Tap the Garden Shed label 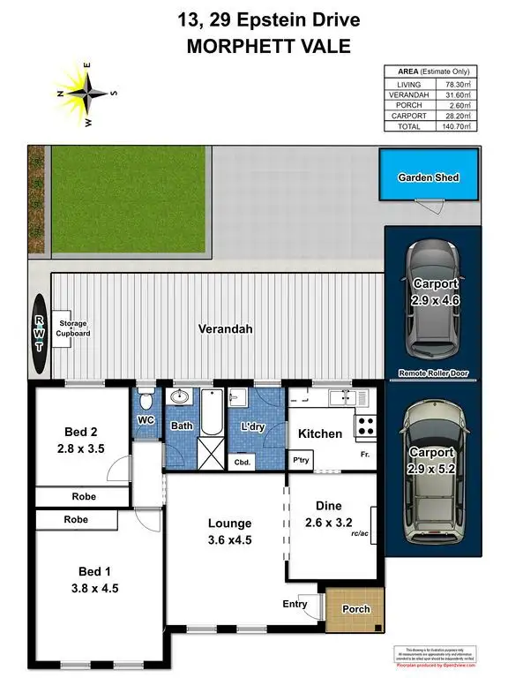tap(429, 177)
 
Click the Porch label tap(355, 609)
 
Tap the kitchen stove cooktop tap(364, 426)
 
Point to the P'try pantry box tap(302, 460)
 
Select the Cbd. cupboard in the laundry tap(241, 462)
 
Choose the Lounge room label tap(225, 523)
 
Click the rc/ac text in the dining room tap(360, 532)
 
